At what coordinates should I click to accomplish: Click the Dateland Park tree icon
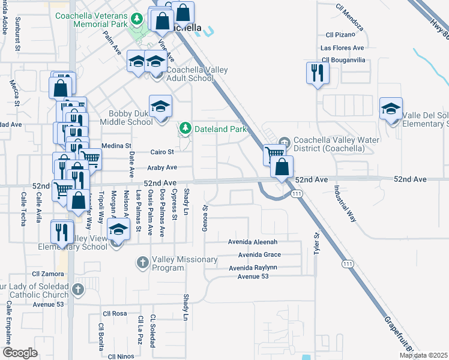pyautogui.click(x=186, y=128)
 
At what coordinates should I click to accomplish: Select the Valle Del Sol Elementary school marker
pyautogui.click(x=391, y=109)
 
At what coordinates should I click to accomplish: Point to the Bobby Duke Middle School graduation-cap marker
pyautogui.click(x=160, y=107)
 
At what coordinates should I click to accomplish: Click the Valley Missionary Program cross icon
pyautogui.click(x=143, y=263)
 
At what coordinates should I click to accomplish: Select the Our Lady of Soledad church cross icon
pyautogui.click(x=77, y=290)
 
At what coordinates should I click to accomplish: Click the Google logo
pyautogui.click(x=20, y=353)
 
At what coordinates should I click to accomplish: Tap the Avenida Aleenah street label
pyautogui.click(x=253, y=242)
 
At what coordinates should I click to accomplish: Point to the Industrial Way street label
pyautogui.click(x=345, y=203)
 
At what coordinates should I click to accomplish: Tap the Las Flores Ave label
pyautogui.click(x=343, y=47)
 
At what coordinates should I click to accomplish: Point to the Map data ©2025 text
pyautogui.click(x=424, y=355)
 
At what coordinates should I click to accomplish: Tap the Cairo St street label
pyautogui.click(x=162, y=152)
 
